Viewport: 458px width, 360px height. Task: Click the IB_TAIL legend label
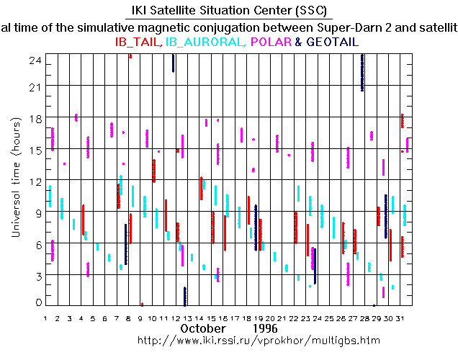point(139,42)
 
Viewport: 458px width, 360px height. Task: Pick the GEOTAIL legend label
point(332,42)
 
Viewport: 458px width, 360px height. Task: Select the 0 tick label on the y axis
point(37,302)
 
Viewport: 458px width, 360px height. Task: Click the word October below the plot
point(204,328)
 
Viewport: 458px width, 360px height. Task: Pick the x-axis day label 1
point(45,318)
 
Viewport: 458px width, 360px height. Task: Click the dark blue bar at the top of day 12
point(174,63)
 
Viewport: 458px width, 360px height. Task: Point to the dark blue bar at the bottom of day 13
point(185,296)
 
